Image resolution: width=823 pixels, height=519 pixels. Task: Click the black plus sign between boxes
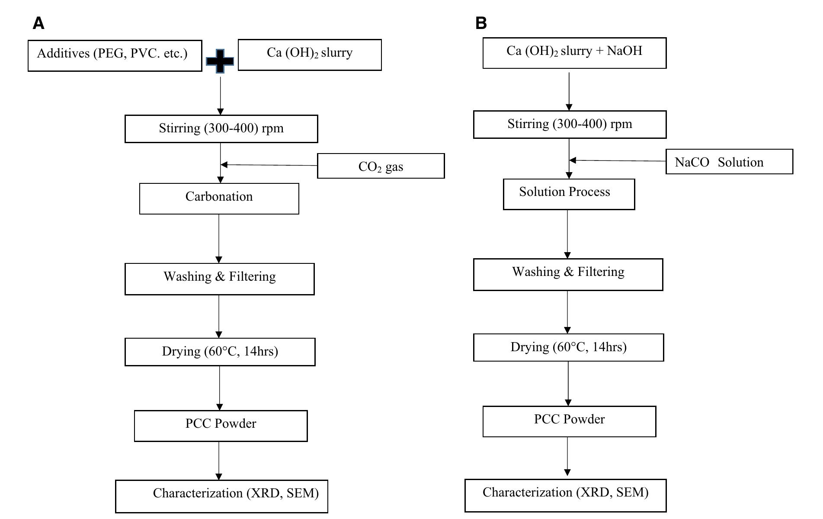click(220, 61)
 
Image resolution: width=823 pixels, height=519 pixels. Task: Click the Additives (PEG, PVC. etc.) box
click(115, 55)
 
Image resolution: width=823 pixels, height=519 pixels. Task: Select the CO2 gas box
click(381, 166)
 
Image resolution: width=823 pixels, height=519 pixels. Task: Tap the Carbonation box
click(219, 199)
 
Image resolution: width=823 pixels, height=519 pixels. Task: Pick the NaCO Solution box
click(729, 162)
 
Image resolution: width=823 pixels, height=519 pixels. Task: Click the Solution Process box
click(569, 194)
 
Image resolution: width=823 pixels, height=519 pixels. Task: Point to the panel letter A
click(38, 23)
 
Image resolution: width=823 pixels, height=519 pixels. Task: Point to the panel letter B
click(481, 23)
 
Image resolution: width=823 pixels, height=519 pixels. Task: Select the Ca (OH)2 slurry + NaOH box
click(574, 53)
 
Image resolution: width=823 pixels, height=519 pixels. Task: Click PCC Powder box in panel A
click(221, 426)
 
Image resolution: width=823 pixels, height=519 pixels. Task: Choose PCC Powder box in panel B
click(569, 421)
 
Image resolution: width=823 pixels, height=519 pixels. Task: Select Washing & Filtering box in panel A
click(219, 279)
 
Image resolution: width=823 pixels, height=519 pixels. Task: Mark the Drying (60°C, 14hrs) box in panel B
click(568, 347)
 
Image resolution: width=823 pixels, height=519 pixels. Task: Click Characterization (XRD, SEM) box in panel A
click(221, 496)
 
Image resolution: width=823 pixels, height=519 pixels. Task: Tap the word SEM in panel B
click(632, 492)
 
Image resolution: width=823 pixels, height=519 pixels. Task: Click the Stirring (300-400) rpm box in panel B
click(570, 125)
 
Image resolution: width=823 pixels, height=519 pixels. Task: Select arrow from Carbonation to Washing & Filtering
click(219, 238)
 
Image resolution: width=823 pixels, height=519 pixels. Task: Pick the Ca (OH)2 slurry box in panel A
click(310, 55)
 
